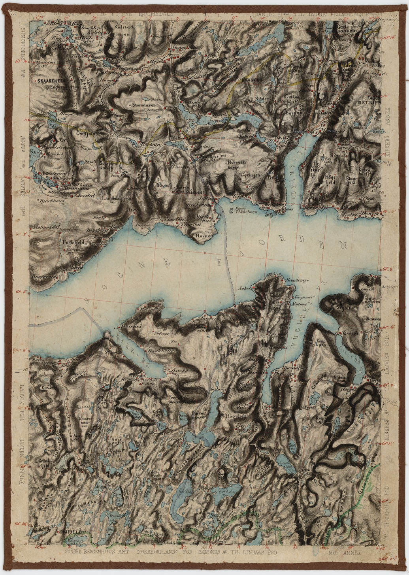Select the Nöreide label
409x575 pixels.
tap(350, 333)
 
